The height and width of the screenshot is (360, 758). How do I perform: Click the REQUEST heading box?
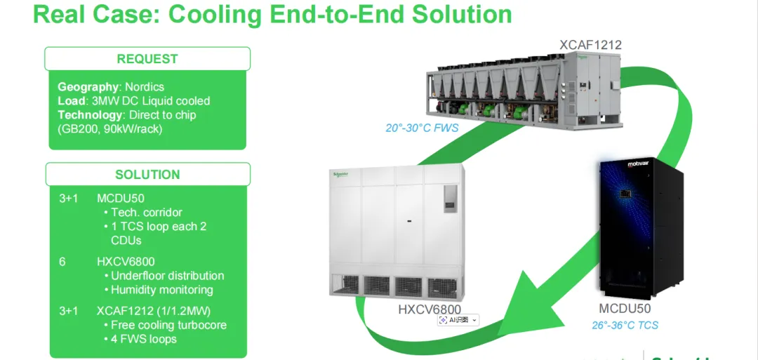147,59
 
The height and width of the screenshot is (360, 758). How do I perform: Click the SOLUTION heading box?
147,175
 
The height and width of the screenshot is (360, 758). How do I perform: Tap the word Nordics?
144,87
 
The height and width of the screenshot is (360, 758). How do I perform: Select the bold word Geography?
88,87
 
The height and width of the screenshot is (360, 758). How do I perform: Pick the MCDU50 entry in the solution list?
121,199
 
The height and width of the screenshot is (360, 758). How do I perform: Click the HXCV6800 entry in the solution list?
126,262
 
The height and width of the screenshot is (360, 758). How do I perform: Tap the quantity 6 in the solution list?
62,262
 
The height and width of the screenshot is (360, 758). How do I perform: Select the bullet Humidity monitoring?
161,290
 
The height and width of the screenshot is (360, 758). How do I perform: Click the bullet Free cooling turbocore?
168,325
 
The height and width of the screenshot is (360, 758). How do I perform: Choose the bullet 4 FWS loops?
144,339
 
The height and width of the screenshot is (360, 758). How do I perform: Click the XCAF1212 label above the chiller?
590,46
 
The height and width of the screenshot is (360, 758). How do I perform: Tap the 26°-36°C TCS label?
625,325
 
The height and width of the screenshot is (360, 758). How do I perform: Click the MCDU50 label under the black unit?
625,309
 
